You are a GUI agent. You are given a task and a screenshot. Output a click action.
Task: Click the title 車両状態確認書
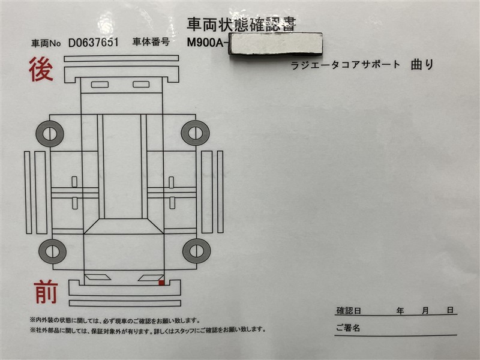(242, 25)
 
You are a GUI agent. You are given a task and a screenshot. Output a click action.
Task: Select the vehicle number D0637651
(94, 43)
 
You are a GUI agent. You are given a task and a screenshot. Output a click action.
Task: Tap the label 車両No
(46, 43)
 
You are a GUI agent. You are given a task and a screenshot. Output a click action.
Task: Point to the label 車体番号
(151, 41)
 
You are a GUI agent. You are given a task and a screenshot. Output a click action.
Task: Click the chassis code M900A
(206, 43)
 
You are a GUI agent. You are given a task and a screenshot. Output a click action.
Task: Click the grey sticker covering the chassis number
(275, 44)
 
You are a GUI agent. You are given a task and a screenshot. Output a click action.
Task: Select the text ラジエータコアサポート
(346, 65)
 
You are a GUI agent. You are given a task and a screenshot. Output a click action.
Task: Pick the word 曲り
(422, 65)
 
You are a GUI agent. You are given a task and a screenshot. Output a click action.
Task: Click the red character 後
(41, 70)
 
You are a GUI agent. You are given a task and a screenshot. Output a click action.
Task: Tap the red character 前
(46, 292)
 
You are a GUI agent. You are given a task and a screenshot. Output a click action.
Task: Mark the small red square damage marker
(161, 283)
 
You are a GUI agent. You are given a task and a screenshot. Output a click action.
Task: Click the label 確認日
(349, 311)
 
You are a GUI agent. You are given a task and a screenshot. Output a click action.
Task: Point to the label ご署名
(348, 328)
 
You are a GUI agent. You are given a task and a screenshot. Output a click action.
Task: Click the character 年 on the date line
(400, 311)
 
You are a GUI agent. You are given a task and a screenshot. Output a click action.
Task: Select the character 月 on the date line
(425, 311)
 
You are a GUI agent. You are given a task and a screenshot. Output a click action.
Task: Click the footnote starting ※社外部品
(148, 330)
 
